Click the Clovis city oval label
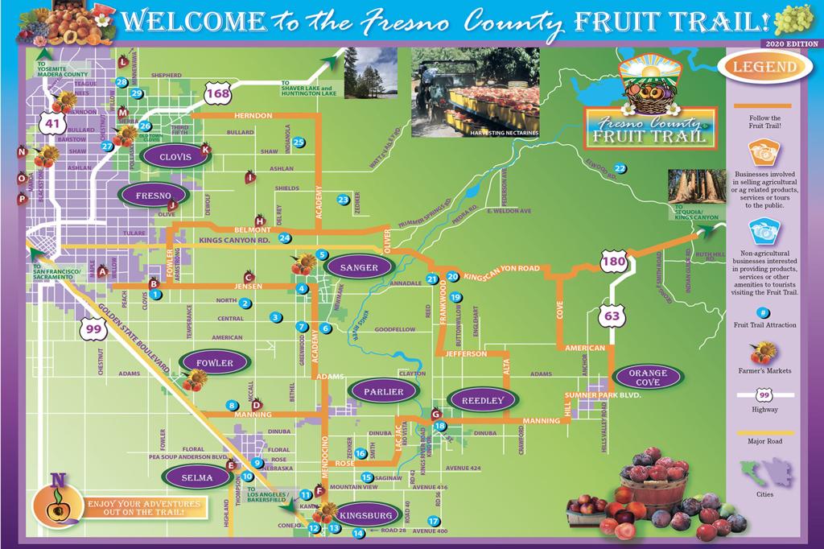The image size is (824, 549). (175, 158)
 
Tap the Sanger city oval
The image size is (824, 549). (359, 268)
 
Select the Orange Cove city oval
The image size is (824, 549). (648, 377)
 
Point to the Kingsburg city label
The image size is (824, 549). (366, 515)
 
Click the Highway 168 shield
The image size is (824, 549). (217, 94)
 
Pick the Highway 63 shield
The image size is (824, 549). (612, 316)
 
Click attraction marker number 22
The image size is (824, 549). (620, 168)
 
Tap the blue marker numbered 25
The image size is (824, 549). (299, 142)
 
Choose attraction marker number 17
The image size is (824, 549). (434, 521)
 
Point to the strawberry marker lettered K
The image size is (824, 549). (205, 149)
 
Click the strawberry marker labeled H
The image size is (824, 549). (259, 220)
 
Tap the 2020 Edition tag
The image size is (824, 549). (789, 42)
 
